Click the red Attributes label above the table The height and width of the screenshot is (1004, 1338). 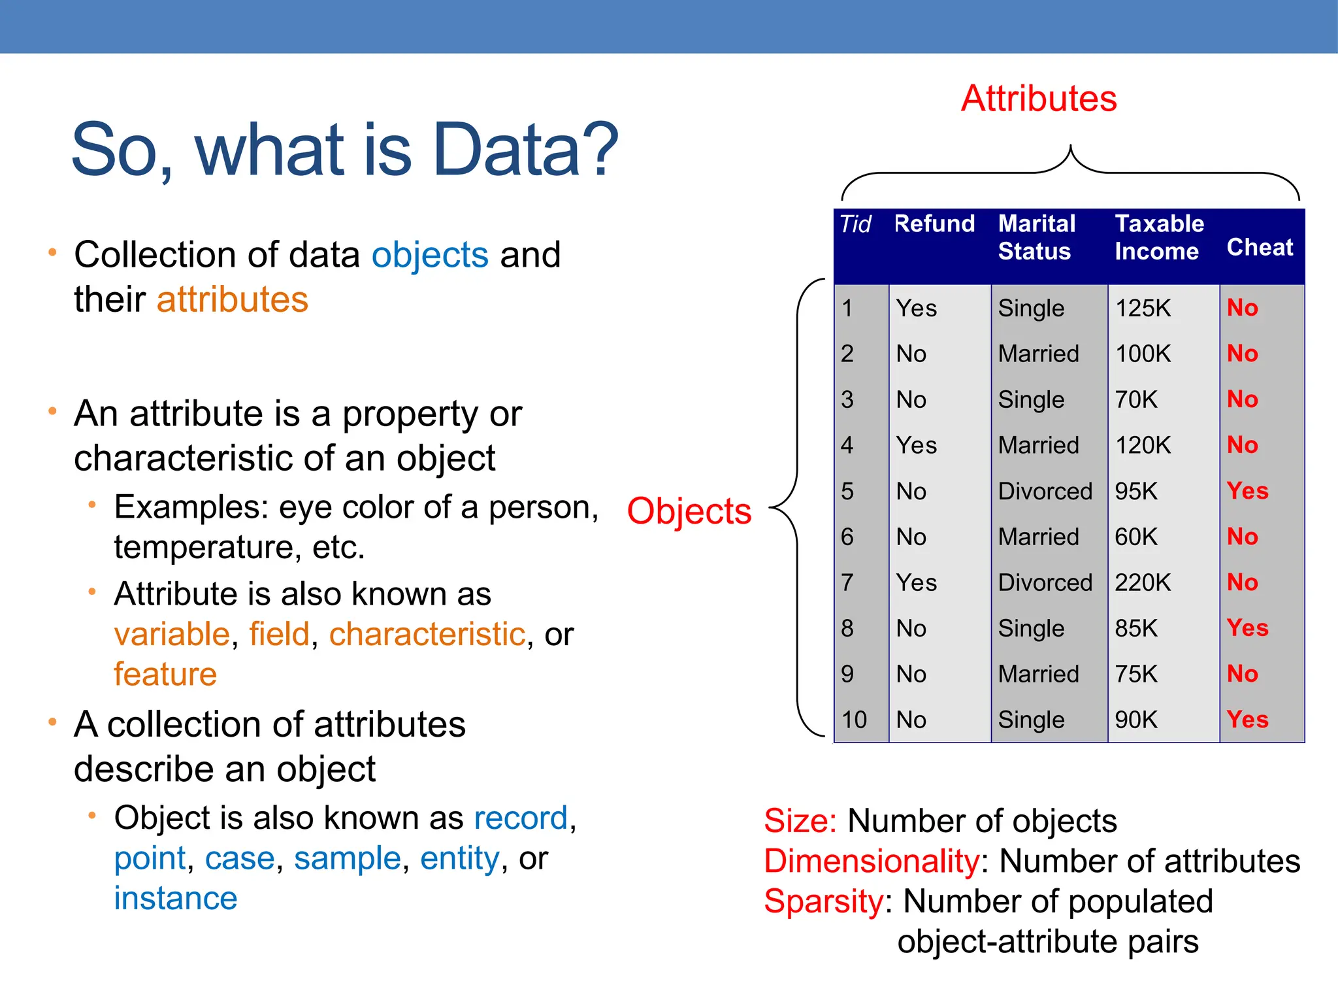pyautogui.click(x=1039, y=99)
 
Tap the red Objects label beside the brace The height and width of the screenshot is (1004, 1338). pyautogui.click(x=689, y=511)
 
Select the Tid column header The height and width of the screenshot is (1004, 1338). pyautogui.click(x=855, y=224)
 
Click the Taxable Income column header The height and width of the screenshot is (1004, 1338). pyautogui.click(x=1158, y=237)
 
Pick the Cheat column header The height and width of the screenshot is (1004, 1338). pyautogui.click(x=1260, y=248)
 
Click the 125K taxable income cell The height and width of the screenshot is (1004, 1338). pyautogui.click(x=1143, y=309)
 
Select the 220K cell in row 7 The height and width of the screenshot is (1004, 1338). pyautogui.click(x=1143, y=582)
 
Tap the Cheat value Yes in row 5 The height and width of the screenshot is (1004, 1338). pyautogui.click(x=1247, y=491)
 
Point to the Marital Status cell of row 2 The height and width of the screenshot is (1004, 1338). pyautogui.click(x=1038, y=354)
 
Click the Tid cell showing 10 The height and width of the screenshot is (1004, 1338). pyautogui.click(x=854, y=720)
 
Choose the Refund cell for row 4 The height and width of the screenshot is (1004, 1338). pyautogui.click(x=916, y=446)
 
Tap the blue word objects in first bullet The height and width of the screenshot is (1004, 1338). pyautogui.click(x=430, y=255)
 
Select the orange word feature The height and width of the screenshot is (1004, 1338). pyautogui.click(x=165, y=675)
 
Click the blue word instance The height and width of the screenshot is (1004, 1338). pyautogui.click(x=175, y=899)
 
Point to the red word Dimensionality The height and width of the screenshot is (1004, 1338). pyautogui.click(x=872, y=862)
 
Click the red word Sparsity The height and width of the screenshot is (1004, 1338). pyautogui.click(x=824, y=902)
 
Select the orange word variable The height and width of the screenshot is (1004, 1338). pyautogui.click(x=172, y=634)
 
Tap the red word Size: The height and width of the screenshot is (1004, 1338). pyautogui.click(x=800, y=821)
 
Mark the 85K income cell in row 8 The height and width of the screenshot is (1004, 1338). pyautogui.click(x=1136, y=628)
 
